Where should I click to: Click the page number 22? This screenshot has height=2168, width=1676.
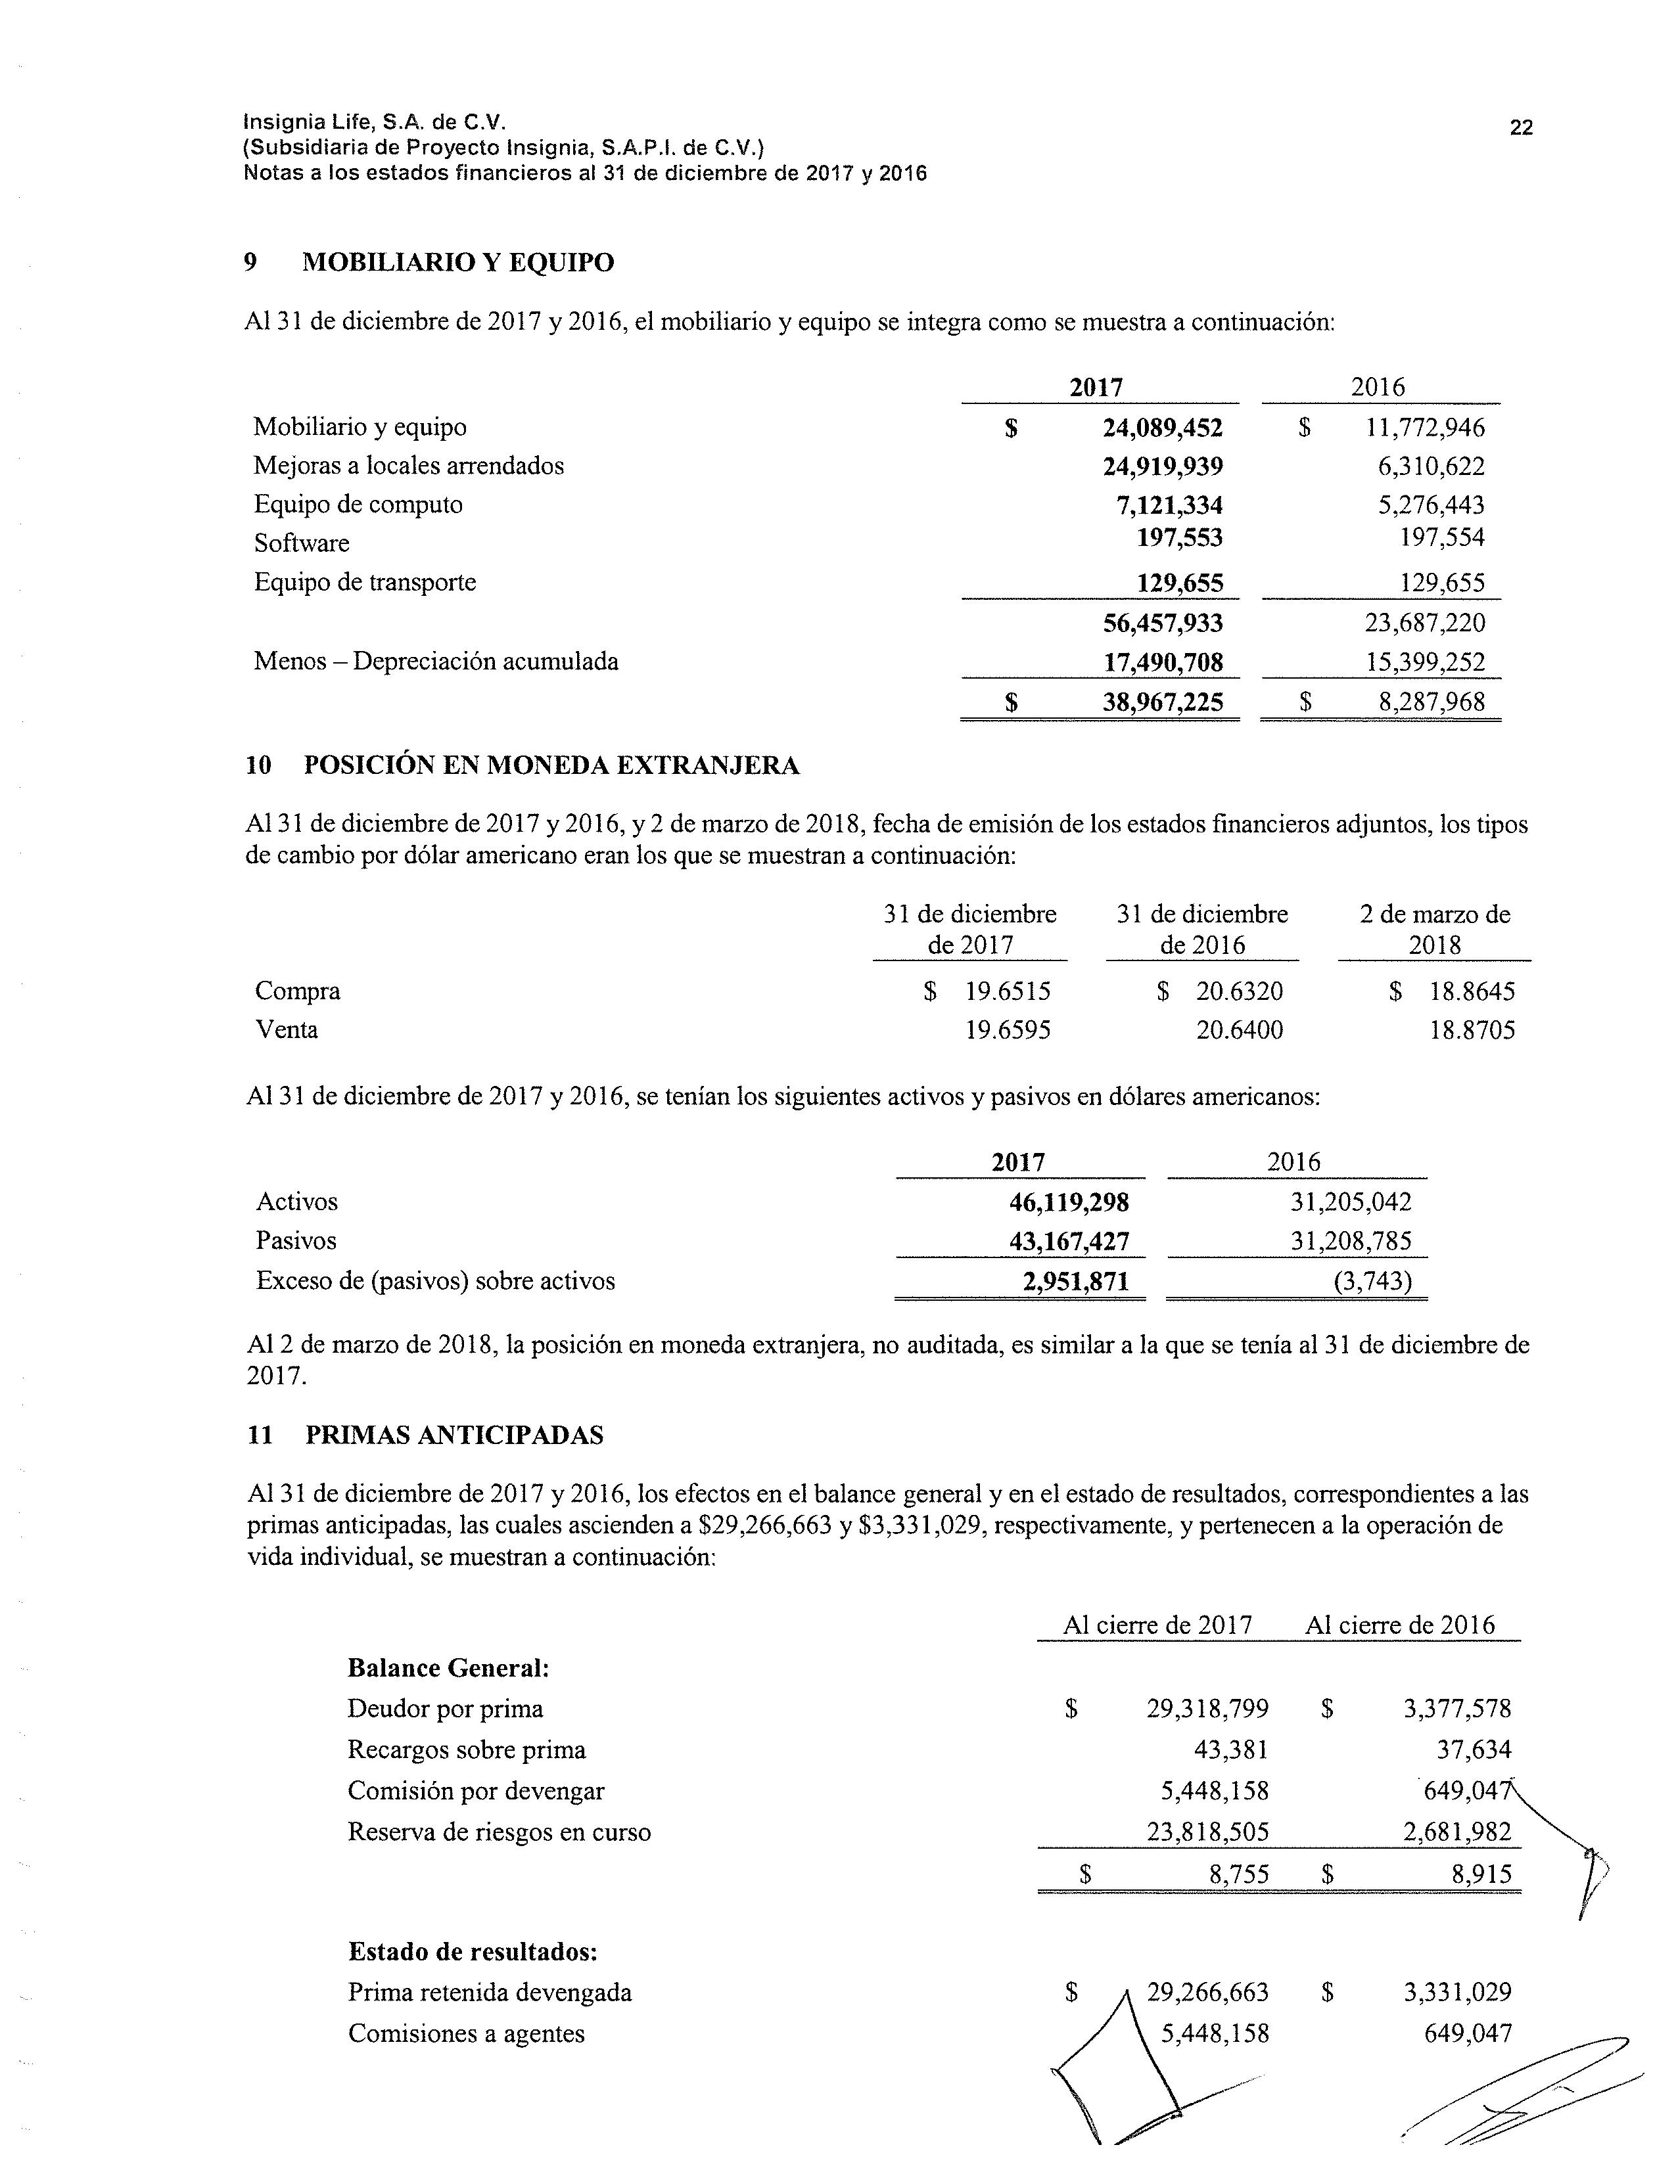click(1520, 127)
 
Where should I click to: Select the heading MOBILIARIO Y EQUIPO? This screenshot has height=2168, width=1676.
click(457, 263)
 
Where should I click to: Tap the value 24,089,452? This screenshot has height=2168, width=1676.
click(1161, 428)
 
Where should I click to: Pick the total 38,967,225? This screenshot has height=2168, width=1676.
click(1161, 703)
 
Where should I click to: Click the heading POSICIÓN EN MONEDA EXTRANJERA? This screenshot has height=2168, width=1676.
click(551, 765)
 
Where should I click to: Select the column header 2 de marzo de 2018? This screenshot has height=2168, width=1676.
click(1435, 929)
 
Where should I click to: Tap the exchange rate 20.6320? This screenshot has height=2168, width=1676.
click(1239, 991)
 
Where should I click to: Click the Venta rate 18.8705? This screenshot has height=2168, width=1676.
click(1472, 1030)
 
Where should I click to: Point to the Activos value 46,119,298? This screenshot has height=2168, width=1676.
click(1068, 1203)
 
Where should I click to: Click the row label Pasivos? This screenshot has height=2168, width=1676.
click(296, 1241)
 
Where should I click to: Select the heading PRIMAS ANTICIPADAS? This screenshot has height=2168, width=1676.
click(454, 1435)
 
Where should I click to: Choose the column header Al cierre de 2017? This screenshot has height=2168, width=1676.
click(1157, 1625)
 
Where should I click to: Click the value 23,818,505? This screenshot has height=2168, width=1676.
click(1207, 1832)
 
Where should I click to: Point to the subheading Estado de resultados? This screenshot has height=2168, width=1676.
click(473, 1952)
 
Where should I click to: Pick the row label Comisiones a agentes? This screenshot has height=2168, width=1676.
click(466, 2034)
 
